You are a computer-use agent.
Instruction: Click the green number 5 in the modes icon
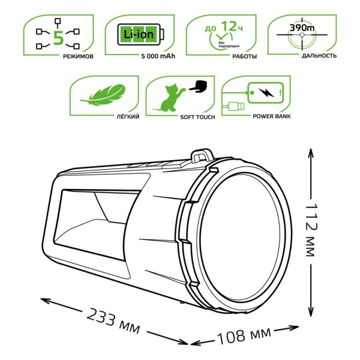[58, 37]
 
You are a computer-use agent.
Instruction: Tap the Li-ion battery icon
[139, 34]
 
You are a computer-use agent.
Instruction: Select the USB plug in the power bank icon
[235, 108]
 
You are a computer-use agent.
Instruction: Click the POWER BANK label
[272, 117]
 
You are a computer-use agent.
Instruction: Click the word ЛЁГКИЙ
[129, 117]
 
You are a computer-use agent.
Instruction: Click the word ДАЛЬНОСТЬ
[319, 56]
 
